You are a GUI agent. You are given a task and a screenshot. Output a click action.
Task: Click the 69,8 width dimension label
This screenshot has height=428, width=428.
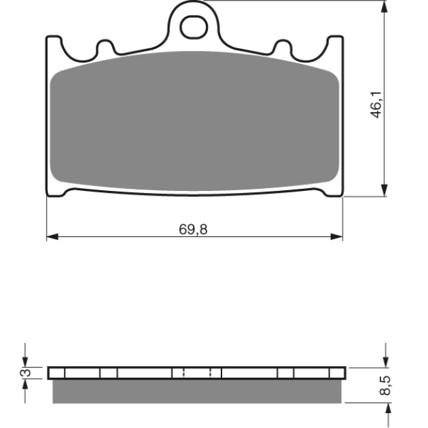pyautogui.click(x=193, y=230)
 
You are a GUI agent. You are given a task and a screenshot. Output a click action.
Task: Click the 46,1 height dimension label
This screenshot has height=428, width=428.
pyautogui.click(x=376, y=105)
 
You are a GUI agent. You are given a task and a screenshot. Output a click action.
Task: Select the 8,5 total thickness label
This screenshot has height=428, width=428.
pyautogui.click(x=385, y=385)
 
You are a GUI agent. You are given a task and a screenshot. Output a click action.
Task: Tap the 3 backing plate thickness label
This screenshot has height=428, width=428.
pyautogui.click(x=26, y=372)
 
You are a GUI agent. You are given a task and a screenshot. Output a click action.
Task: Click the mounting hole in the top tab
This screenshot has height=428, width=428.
pyautogui.click(x=194, y=27)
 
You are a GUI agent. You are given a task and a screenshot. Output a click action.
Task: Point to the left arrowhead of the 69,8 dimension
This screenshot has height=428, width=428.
pyautogui.click(x=52, y=236)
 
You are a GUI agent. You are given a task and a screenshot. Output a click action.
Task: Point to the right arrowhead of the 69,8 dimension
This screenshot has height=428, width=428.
pyautogui.click(x=336, y=236)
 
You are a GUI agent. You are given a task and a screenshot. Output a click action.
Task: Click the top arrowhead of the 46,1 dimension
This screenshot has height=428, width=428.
pyautogui.click(x=385, y=7)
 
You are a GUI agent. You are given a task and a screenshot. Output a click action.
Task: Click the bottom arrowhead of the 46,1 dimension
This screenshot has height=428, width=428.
pyautogui.click(x=385, y=190)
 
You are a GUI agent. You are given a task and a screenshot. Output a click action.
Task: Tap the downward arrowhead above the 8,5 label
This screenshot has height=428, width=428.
pyautogui.click(x=386, y=361)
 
